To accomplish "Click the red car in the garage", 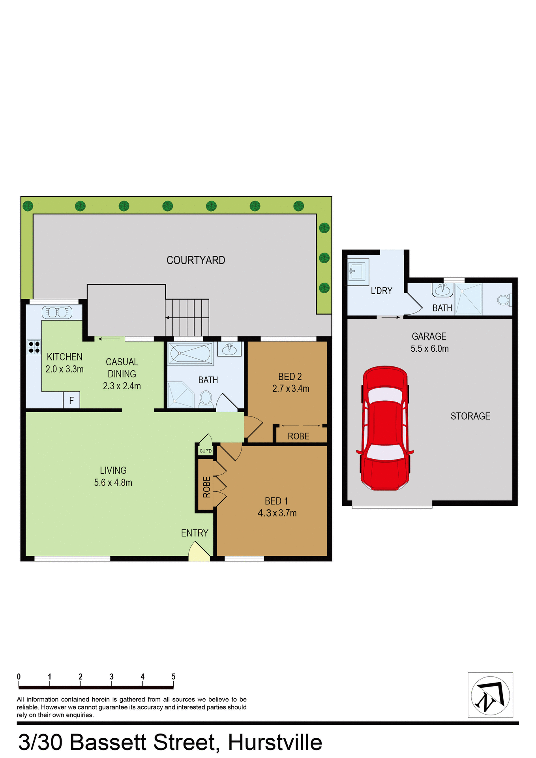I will tap(385, 428).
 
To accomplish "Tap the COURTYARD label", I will tap(196, 260).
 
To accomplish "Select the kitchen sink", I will tap(57, 313).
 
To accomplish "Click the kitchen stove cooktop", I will tap(34, 347).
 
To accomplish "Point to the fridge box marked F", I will tap(71, 400).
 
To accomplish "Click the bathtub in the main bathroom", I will tap(190, 353).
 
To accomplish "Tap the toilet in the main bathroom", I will tap(205, 398).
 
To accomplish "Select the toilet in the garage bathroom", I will tap(504, 300).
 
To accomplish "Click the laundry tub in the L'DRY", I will tap(358, 272).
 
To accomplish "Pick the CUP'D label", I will tap(205, 451).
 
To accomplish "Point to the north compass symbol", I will tap(490, 695).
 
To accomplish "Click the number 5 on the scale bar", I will tap(173, 677).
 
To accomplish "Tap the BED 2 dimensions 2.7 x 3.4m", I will tap(291, 388).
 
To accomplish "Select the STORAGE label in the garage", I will tap(470, 416).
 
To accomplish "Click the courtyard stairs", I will tap(187, 317).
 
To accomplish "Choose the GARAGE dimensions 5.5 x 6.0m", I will tap(429, 349).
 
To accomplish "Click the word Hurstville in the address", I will tap(275, 743).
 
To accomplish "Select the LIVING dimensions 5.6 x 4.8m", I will tap(113, 482).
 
